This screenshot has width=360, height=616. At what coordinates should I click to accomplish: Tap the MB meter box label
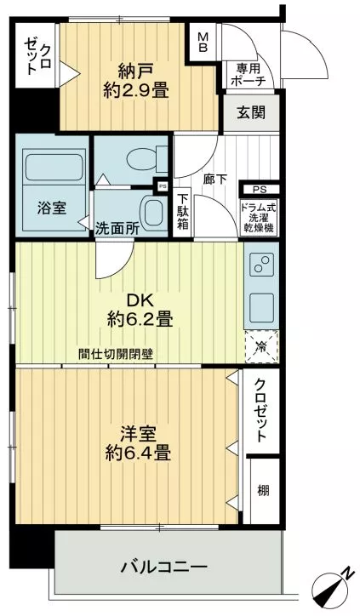pos(203,42)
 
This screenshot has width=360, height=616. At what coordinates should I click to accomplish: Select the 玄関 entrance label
pos(251,113)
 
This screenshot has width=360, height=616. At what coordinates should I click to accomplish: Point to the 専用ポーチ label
pos(249,74)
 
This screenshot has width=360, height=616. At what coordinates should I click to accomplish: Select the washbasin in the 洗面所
pos(153,214)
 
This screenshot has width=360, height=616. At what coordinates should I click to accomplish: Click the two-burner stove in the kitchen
pos(262,265)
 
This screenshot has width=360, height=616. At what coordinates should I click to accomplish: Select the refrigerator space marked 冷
pos(261,346)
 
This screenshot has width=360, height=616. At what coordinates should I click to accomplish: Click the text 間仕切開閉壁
pos(116,354)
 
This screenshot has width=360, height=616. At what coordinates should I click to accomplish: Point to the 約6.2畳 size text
pos(140,319)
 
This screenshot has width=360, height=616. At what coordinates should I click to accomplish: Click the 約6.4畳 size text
pos(138,453)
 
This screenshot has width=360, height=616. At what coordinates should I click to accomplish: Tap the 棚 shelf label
pos(263,490)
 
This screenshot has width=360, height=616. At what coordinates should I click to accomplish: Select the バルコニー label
pos(164,567)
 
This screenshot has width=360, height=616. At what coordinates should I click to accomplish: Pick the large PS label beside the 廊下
pos(260,190)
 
